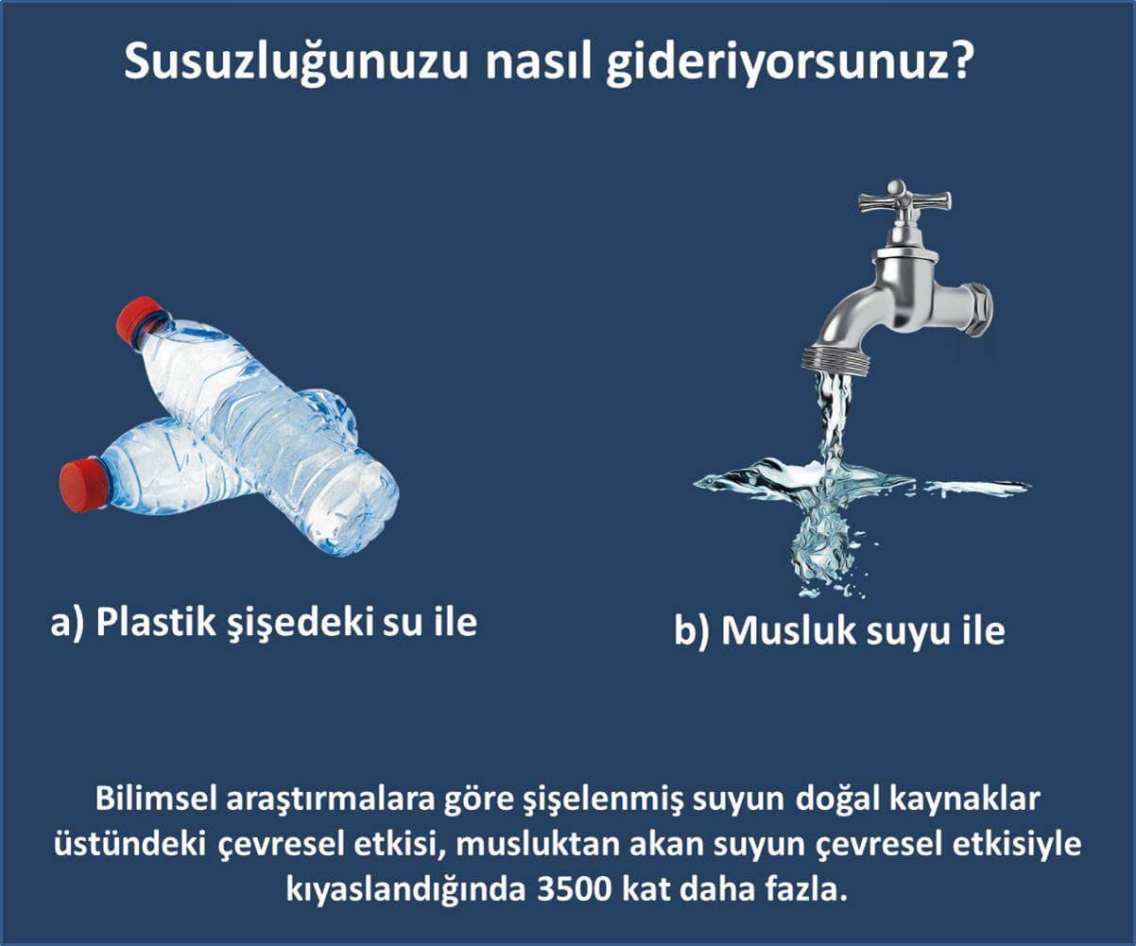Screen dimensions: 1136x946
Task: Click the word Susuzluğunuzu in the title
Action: pyautogui.click(x=296, y=63)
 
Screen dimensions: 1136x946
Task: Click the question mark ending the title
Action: pyautogui.click(x=952, y=60)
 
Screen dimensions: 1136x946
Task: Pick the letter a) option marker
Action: pyautogui.click(x=66, y=624)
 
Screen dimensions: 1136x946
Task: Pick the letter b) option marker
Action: pyautogui.click(x=692, y=632)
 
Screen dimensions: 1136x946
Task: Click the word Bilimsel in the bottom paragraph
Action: pyautogui.click(x=156, y=800)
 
